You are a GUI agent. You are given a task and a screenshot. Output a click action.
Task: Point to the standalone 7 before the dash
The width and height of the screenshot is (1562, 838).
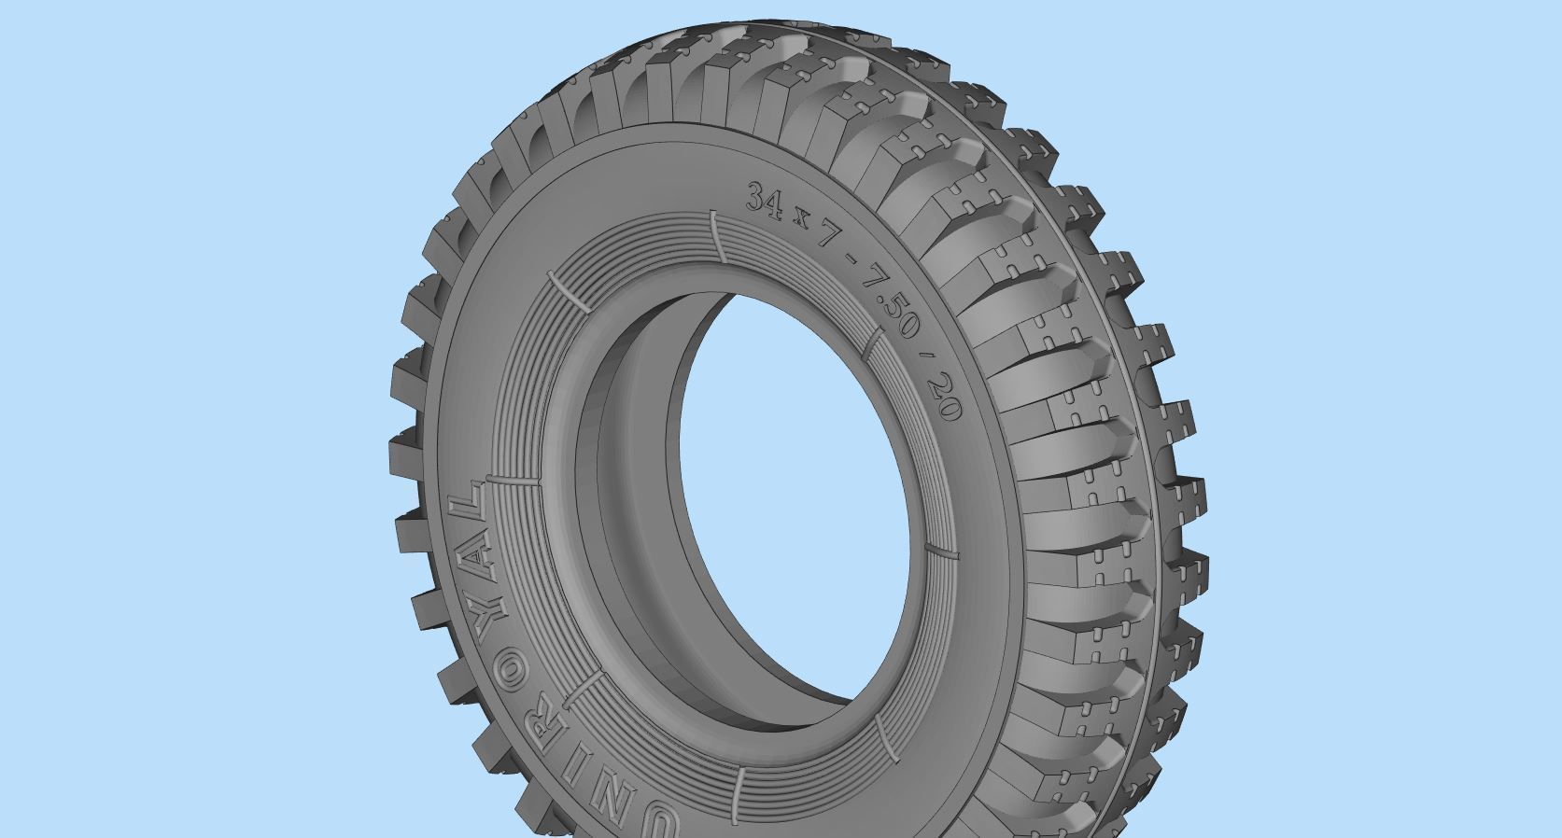coord(825,236)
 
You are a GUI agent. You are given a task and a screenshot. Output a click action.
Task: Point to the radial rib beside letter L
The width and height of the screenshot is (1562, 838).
coord(514,482)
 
